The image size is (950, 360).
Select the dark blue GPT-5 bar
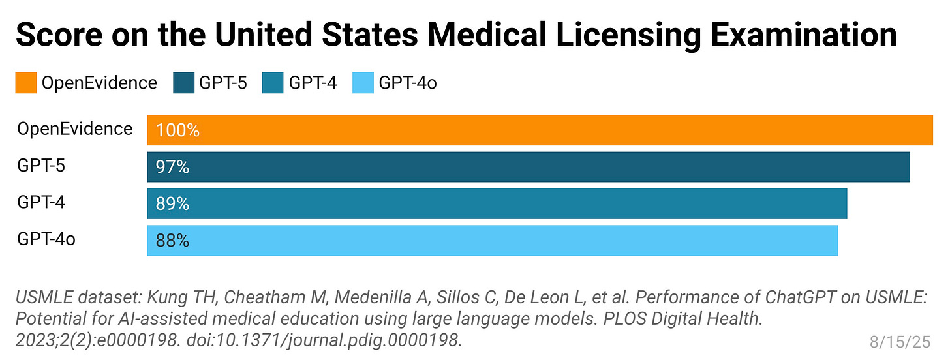tap(529, 167)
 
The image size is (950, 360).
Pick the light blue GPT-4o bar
tap(493, 240)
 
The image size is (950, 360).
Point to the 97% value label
tap(172, 168)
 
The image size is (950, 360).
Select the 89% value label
tap(172, 204)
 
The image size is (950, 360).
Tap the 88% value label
tap(172, 241)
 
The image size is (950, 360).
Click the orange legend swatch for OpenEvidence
tap(26, 83)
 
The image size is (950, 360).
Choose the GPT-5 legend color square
tap(183, 83)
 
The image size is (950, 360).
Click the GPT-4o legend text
tap(408, 83)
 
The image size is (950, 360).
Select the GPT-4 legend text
tap(313, 83)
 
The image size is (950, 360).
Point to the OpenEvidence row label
tap(74, 129)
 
